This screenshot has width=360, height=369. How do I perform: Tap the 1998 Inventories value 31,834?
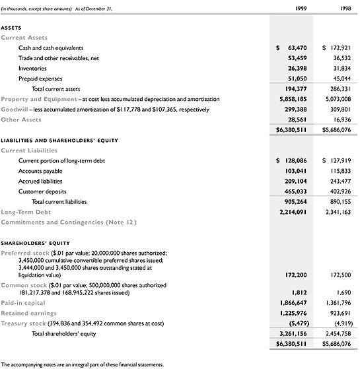point(340,68)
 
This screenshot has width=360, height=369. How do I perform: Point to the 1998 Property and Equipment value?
point(337,99)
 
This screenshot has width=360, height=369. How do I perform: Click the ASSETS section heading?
point(12,28)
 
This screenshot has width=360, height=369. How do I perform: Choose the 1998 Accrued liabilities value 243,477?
point(338,181)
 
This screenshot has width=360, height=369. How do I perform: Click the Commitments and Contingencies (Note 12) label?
point(69,222)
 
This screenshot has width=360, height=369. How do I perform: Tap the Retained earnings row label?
point(28,312)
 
